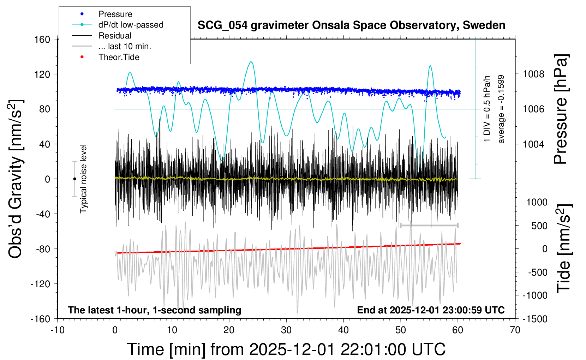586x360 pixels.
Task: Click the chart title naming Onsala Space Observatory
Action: [x=351, y=25]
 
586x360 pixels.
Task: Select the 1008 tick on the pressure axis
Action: [x=534, y=74]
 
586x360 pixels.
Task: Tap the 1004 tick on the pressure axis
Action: [x=534, y=144]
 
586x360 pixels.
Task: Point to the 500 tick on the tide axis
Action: [x=539, y=226]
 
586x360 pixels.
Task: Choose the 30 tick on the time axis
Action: [x=286, y=330]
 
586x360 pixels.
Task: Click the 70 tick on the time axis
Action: [x=515, y=330]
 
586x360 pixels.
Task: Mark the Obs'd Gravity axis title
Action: [x=16, y=179]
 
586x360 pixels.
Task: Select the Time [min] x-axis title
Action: [x=286, y=349]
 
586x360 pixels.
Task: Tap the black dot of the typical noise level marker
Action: [x=74, y=179]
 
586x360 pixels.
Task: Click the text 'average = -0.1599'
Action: [x=501, y=109]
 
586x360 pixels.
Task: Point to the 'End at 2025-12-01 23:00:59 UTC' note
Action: [x=431, y=310]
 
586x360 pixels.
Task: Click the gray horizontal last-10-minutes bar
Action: [x=429, y=225]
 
